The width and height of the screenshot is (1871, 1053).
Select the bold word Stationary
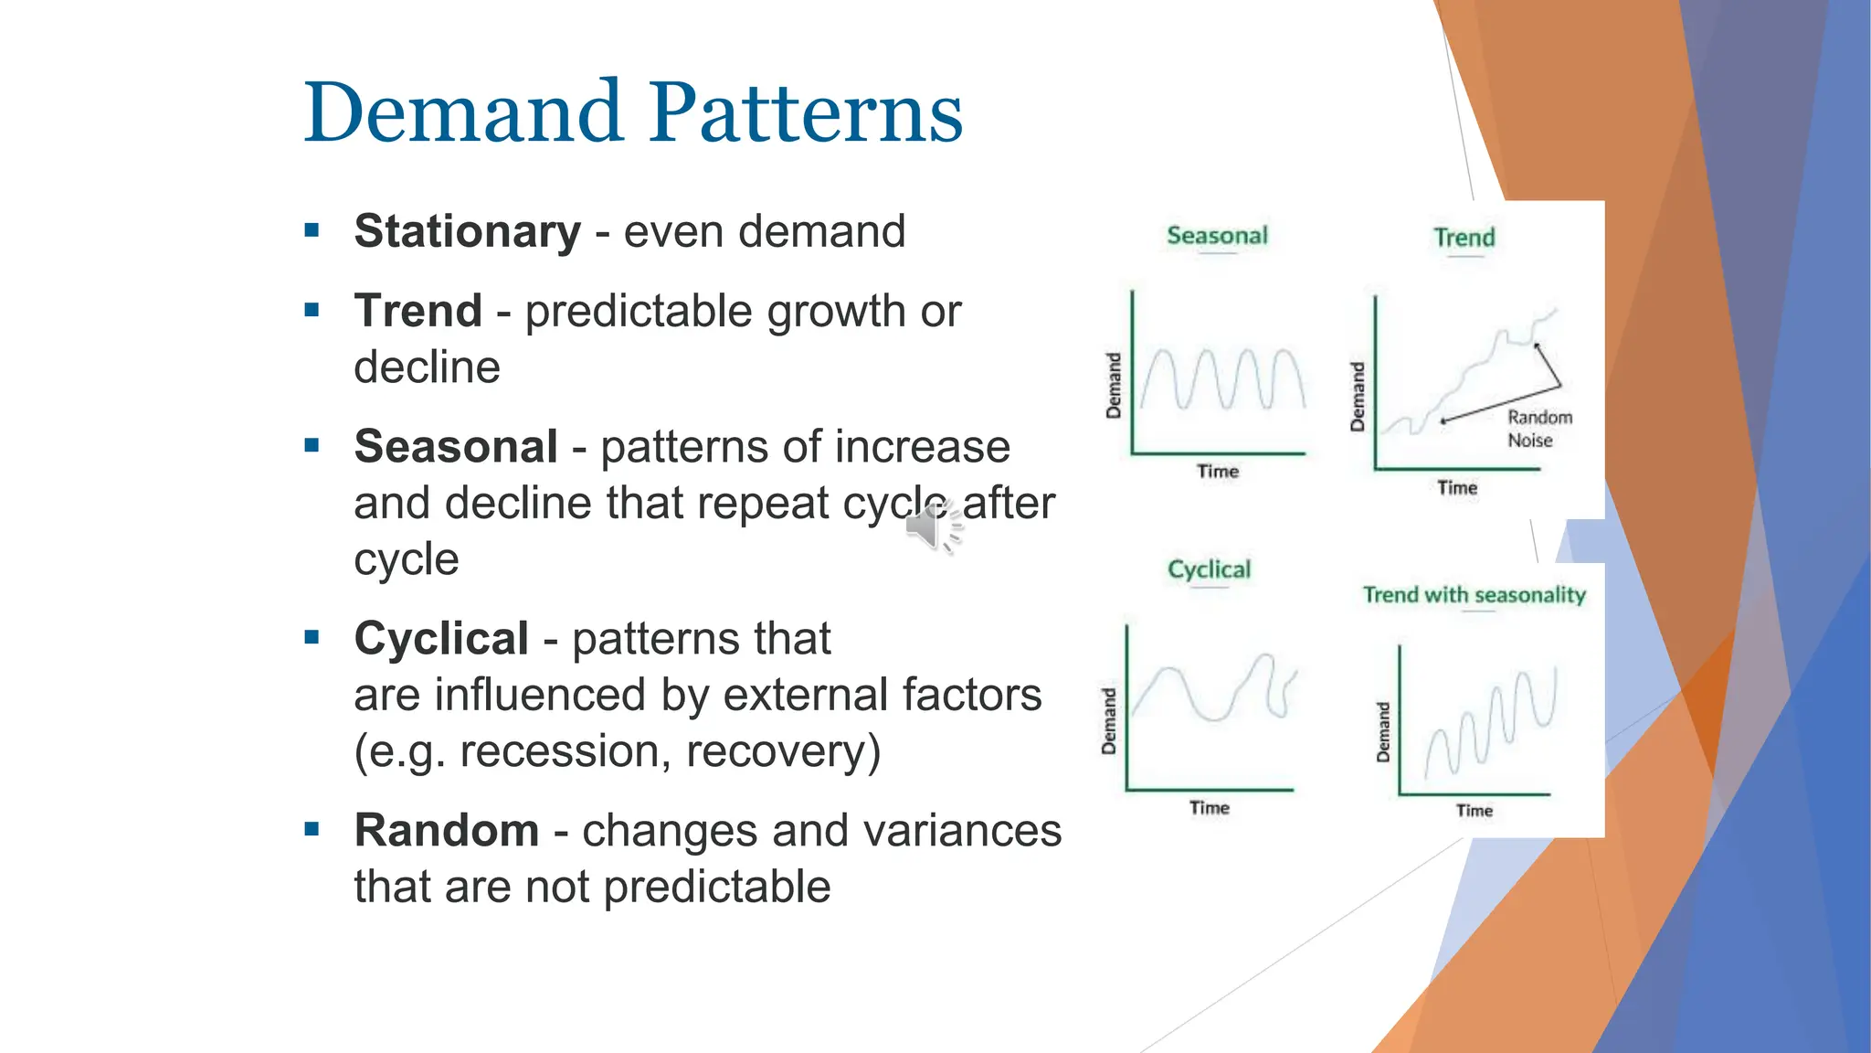467,230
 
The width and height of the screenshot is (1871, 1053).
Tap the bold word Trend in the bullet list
418,311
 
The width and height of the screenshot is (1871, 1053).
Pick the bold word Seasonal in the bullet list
455,447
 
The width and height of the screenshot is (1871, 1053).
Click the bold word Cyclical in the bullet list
440,639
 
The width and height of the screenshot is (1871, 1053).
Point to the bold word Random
446,831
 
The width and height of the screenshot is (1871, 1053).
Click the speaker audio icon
932,528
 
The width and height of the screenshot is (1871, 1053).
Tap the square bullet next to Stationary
312,230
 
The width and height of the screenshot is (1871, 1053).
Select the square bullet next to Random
312,830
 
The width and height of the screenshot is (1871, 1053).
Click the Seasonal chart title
1217,236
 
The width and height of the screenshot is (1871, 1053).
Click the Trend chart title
1464,238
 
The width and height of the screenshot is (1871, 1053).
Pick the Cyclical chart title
1209,569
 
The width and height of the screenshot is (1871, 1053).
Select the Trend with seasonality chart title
1474,595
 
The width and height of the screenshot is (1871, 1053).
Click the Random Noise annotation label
1539,429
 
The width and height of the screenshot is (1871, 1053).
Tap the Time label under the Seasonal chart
1218,472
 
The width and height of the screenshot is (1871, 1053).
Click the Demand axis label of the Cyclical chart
1109,721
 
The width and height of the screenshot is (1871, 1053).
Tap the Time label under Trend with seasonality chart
1474,811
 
